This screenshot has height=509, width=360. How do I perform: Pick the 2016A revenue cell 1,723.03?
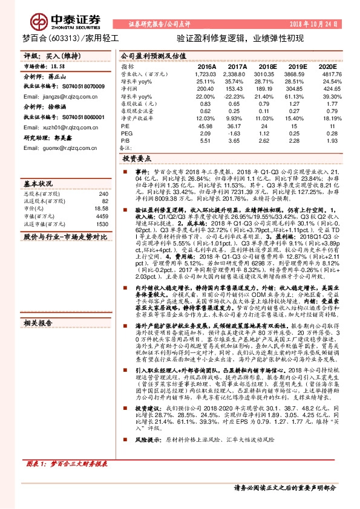pos(206,73)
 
